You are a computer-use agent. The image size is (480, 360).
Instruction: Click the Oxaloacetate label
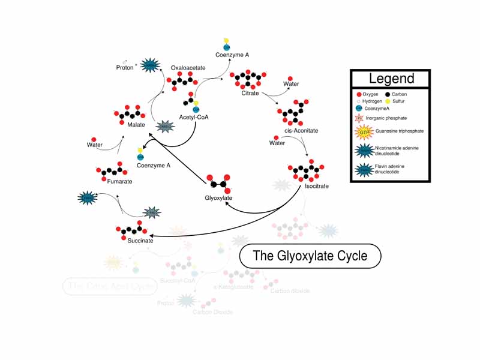click(x=188, y=68)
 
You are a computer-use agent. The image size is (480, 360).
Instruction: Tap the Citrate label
click(x=250, y=94)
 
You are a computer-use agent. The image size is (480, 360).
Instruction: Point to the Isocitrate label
click(x=316, y=187)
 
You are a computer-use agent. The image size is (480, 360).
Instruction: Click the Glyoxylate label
click(x=218, y=197)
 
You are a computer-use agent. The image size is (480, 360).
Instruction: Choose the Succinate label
click(x=140, y=241)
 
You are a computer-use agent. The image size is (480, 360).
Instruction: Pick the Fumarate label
click(x=120, y=181)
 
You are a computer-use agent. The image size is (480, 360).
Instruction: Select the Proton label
click(x=125, y=68)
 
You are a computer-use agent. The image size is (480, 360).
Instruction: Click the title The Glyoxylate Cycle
click(x=310, y=256)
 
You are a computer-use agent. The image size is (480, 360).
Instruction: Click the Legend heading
click(x=391, y=79)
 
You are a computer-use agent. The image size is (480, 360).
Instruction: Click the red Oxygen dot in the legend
click(x=359, y=95)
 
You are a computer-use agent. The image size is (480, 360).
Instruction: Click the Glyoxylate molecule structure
click(x=217, y=182)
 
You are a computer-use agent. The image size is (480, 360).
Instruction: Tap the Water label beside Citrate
click(x=290, y=85)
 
